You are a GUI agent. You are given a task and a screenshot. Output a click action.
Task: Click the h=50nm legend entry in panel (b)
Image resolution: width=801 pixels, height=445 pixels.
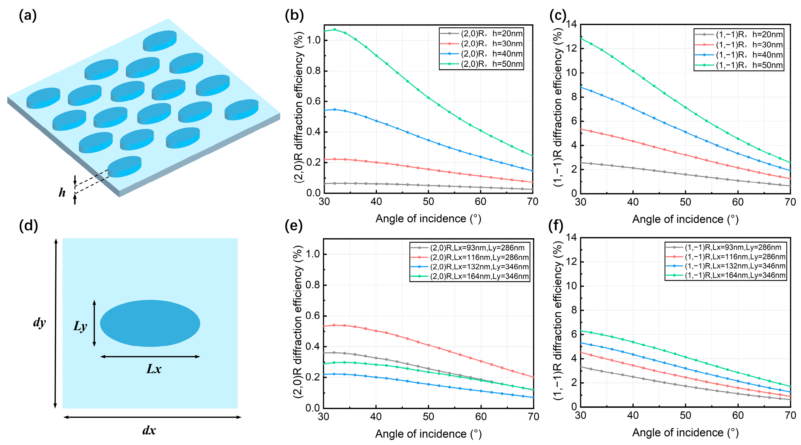click(x=491, y=64)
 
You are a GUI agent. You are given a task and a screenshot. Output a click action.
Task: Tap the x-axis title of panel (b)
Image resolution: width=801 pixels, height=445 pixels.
click(x=428, y=219)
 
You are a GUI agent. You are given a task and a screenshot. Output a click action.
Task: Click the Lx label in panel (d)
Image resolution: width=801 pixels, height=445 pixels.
click(x=154, y=369)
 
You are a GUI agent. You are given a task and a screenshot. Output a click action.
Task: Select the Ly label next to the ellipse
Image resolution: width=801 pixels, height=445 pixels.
click(x=80, y=326)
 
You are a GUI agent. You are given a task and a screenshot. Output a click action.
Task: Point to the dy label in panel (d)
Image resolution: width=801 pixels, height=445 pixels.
click(x=39, y=322)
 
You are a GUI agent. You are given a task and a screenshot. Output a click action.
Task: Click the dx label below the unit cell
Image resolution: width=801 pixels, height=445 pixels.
click(x=149, y=431)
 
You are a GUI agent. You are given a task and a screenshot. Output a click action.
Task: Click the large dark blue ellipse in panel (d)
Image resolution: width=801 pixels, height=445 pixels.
click(x=150, y=323)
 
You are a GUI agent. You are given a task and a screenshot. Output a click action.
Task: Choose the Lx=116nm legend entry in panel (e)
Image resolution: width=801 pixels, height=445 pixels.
click(x=479, y=257)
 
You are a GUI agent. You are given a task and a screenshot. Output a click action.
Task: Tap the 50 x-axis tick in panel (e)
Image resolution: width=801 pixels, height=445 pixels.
click(x=428, y=417)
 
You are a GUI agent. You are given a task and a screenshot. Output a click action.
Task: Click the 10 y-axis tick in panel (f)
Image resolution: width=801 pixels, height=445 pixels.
click(x=571, y=286)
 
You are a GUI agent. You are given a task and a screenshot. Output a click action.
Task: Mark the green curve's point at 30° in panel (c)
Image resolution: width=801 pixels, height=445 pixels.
click(x=581, y=38)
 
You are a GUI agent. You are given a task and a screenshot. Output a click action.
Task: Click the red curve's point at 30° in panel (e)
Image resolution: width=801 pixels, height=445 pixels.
click(x=324, y=326)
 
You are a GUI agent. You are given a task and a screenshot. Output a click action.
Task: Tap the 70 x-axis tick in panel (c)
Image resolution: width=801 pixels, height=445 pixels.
click(x=790, y=202)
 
